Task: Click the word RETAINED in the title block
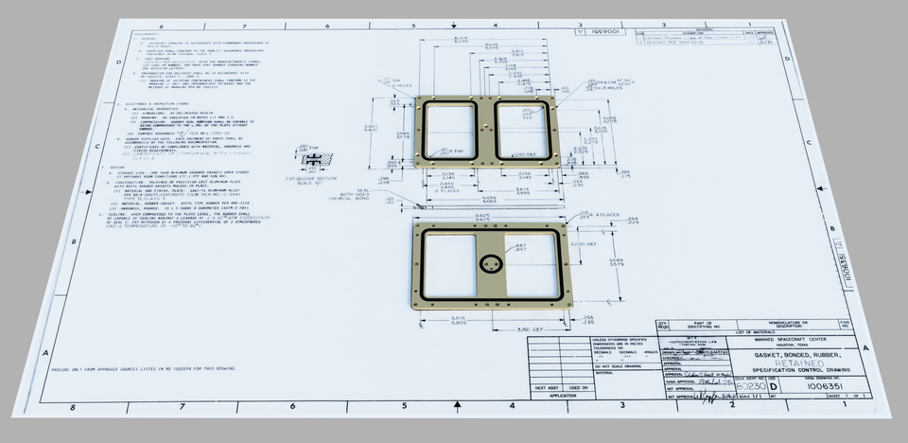(x=791, y=361)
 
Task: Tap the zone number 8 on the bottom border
(x=73, y=408)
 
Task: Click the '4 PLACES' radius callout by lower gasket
(x=605, y=216)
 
